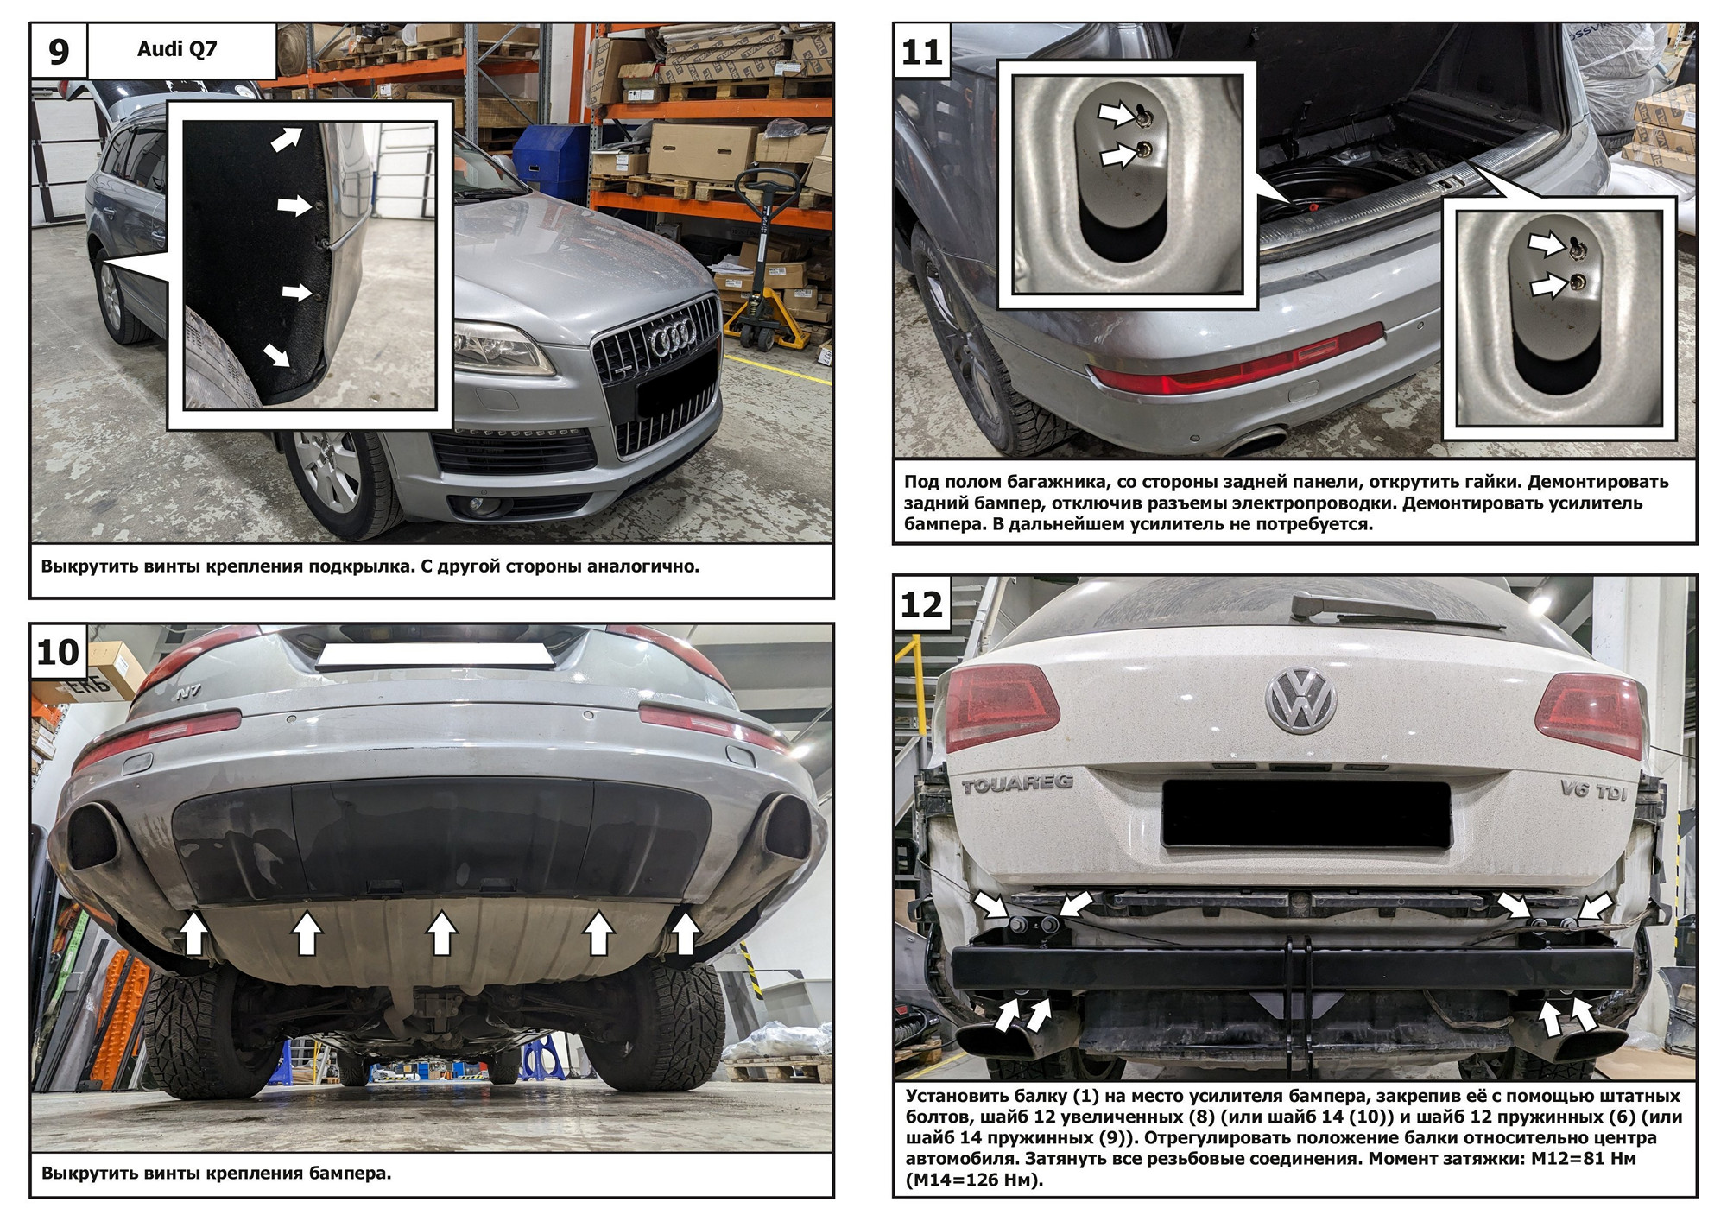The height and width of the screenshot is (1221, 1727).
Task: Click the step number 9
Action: tap(58, 52)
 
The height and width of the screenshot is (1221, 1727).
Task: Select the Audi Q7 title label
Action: tap(177, 49)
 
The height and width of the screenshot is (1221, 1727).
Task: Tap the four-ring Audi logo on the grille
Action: tap(674, 341)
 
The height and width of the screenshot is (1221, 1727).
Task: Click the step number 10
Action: tap(58, 652)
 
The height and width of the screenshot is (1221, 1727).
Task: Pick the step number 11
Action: tap(921, 53)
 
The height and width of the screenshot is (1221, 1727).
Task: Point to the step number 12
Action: tap(921, 604)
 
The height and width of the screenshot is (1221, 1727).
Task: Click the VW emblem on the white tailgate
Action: tap(1301, 700)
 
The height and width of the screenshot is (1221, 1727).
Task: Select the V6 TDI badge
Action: tap(1593, 789)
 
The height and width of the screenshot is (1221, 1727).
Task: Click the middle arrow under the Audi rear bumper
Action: tap(442, 933)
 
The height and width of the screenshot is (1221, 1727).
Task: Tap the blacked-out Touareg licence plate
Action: tap(1306, 813)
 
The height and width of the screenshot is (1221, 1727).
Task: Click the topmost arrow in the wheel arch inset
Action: tap(287, 138)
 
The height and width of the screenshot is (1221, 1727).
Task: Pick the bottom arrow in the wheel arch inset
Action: tap(277, 354)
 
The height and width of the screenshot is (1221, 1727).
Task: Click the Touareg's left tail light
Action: tap(1003, 707)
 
